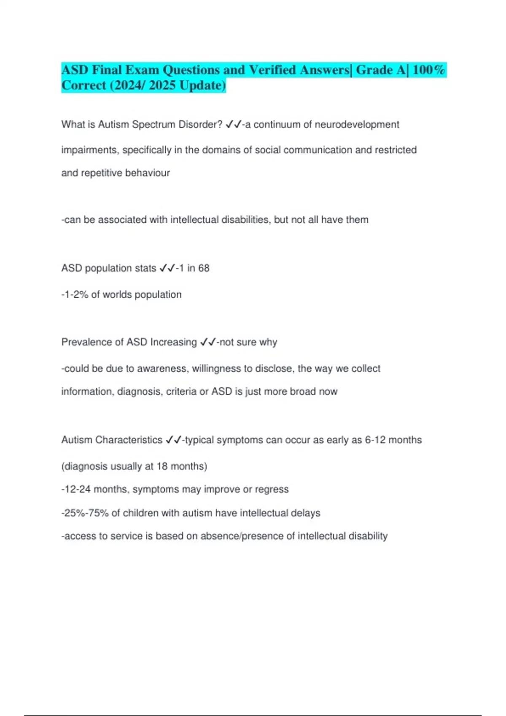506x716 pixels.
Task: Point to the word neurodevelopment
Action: [357, 125]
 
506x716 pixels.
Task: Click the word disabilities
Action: [245, 220]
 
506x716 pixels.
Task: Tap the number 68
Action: [204, 268]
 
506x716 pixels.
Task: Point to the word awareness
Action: [163, 369]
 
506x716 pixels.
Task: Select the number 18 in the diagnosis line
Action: [162, 467]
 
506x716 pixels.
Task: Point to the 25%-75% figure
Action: [86, 513]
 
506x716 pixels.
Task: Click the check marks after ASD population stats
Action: [167, 268]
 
